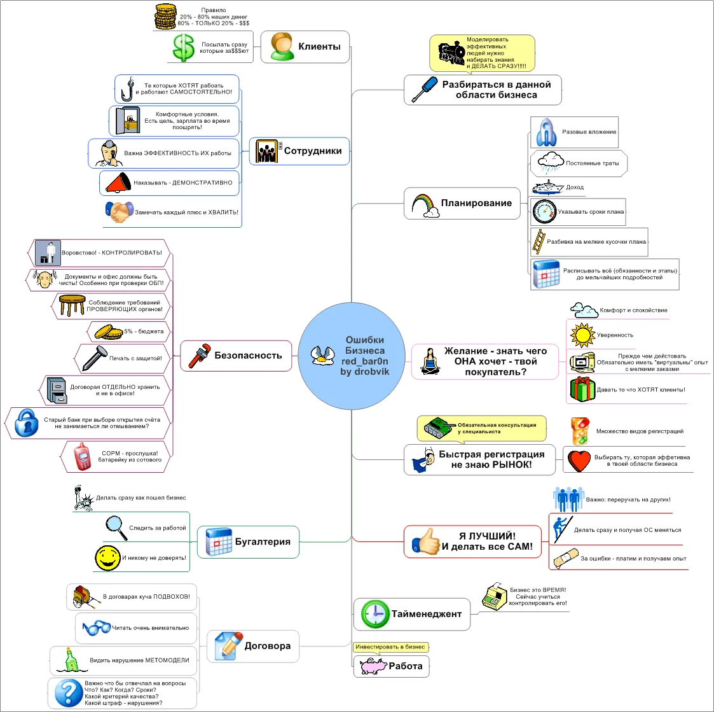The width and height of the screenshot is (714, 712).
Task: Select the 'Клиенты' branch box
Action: [305, 46]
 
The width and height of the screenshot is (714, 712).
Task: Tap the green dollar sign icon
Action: [183, 48]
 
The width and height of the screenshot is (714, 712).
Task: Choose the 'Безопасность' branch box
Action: [236, 356]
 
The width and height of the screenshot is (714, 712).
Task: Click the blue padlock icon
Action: [27, 423]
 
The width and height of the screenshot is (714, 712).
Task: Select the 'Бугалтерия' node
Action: [248, 542]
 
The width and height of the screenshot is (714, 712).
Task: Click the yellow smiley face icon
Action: [107, 558]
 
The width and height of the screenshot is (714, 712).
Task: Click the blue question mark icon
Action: [67, 693]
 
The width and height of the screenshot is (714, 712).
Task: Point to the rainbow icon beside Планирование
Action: [425, 205]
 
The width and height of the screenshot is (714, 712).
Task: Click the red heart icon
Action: [579, 460]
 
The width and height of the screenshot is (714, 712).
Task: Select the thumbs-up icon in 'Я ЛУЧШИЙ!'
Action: [425, 541]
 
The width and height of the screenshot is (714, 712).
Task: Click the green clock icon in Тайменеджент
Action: [374, 615]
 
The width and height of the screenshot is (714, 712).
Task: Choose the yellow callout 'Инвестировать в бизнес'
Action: [390, 647]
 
